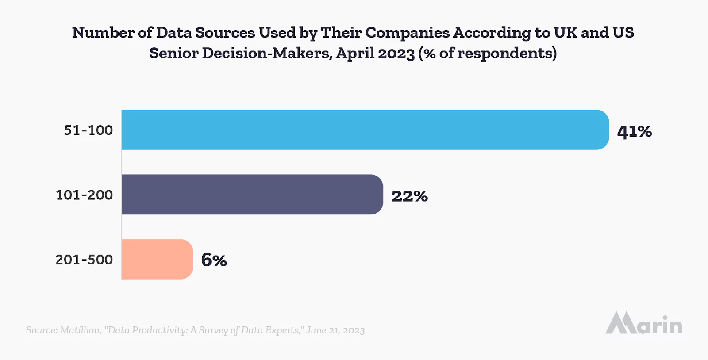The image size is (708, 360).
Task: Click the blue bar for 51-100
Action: point(365,130)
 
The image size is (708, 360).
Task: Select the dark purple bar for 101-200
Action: point(252,195)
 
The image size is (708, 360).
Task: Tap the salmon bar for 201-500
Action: point(157,259)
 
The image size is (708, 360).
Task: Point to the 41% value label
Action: point(634,131)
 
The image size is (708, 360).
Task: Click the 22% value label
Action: point(409,196)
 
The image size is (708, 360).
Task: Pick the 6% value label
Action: point(214,260)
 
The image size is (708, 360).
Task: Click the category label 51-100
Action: point(88,130)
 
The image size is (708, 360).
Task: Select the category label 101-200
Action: point(84,195)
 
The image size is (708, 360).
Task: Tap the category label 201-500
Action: point(84,260)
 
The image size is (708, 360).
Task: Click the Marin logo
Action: point(644,323)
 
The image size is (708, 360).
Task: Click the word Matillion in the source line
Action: point(80,330)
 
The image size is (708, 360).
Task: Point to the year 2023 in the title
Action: point(396,53)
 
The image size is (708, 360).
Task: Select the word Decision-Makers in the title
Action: point(267,53)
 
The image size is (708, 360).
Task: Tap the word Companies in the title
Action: point(407,33)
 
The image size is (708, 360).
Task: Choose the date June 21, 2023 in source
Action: point(335,330)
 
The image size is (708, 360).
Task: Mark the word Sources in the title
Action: point(225,33)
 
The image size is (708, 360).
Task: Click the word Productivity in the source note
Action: point(160,330)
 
